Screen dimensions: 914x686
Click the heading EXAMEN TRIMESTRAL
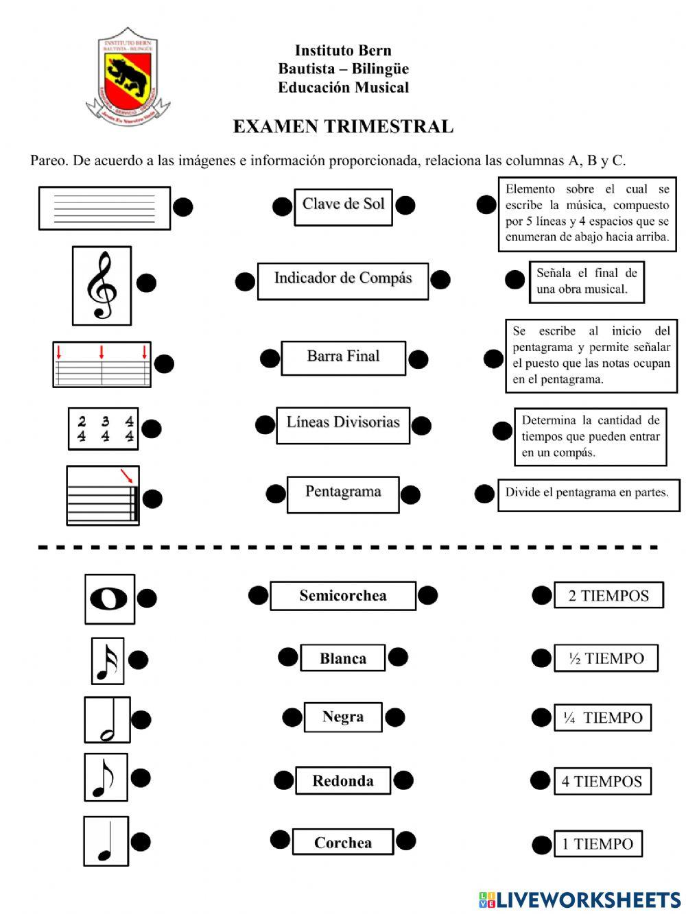click(x=343, y=127)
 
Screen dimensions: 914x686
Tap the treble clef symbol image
click(x=102, y=285)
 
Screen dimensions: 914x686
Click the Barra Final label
click(x=343, y=357)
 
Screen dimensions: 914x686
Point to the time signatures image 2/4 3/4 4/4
click(x=104, y=429)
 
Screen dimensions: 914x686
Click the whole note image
click(x=109, y=599)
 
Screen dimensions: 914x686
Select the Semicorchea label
click(x=343, y=595)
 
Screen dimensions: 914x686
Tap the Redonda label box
click(x=343, y=780)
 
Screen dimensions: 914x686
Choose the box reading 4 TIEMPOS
click(x=602, y=781)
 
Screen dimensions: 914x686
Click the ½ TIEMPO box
click(x=606, y=658)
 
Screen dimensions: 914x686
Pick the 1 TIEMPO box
click(x=598, y=844)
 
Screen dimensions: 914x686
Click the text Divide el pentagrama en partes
click(x=587, y=493)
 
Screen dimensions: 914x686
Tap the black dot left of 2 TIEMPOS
click(x=541, y=595)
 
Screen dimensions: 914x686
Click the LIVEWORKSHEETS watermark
click(x=580, y=900)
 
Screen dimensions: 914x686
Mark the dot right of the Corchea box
click(x=406, y=841)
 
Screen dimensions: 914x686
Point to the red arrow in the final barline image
click(x=126, y=475)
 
